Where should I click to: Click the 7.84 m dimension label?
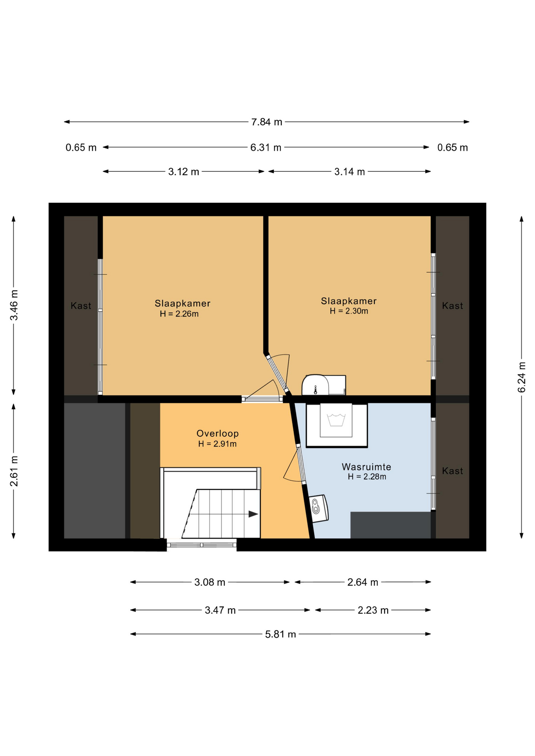pos(267,122)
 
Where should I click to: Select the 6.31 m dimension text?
pos(266,148)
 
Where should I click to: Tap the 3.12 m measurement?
pos(184,172)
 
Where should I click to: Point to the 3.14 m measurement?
pos(349,172)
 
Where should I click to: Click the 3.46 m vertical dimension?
pos(14,305)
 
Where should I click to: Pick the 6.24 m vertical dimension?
pos(522,377)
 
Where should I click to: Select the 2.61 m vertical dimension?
pos(14,471)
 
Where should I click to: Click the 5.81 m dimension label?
pos(281,634)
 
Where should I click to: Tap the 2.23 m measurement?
pos(373,610)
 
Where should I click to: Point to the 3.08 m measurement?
pos(210,582)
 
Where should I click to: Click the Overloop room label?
pos(217,434)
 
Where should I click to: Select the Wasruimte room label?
pos(366,467)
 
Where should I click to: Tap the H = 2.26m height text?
pos(179,314)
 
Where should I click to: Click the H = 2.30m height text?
pos(349,311)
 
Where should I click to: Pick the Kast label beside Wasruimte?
pos(452,471)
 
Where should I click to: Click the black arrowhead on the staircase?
pos(253,514)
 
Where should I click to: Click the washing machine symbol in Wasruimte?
pos(337,425)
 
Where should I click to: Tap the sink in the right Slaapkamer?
pos(316,385)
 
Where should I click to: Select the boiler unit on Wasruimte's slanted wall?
pos(318,508)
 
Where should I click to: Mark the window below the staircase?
pos(202,545)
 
